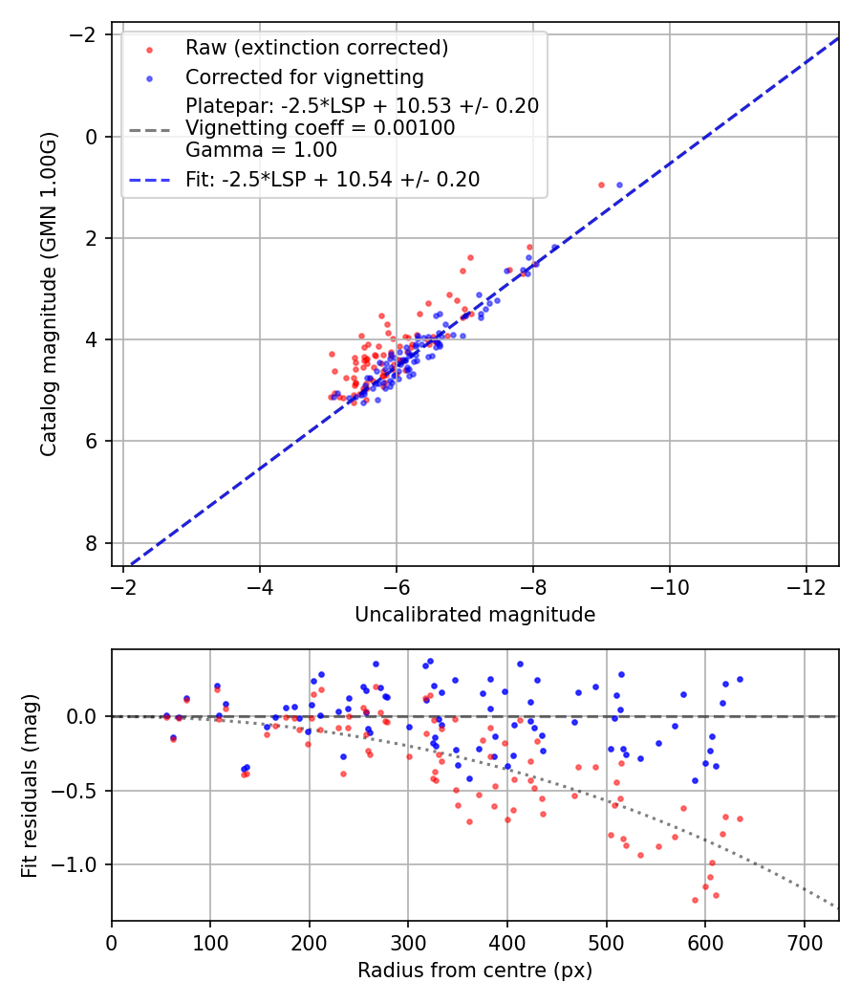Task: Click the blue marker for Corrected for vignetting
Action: click(149, 77)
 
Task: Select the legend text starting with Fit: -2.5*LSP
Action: click(333, 179)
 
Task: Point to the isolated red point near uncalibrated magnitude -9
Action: click(601, 185)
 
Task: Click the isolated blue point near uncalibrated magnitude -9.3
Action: click(619, 185)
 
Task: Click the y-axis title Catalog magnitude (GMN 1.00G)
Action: click(49, 295)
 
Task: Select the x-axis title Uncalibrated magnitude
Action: click(475, 615)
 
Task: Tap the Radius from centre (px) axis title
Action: click(475, 971)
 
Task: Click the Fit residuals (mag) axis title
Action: click(30, 785)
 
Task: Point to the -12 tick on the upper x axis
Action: click(805, 585)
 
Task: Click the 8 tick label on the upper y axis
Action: click(92, 543)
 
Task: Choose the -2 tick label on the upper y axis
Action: click(86, 35)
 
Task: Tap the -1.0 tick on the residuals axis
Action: click(82, 864)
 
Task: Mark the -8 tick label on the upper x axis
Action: click(532, 585)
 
